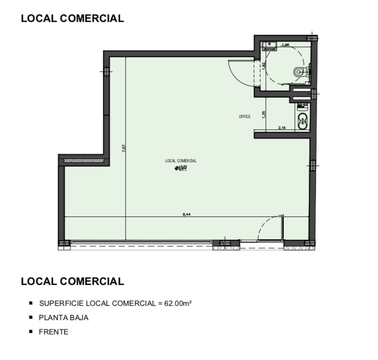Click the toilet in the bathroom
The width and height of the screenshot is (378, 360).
click(x=299, y=72)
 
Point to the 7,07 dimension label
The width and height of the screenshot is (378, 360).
click(x=124, y=148)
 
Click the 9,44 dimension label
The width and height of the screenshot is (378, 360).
click(x=186, y=214)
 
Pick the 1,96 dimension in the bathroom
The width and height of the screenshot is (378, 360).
click(x=285, y=45)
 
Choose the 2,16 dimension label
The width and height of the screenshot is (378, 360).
click(x=281, y=127)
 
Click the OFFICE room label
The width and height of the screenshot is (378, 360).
click(x=244, y=117)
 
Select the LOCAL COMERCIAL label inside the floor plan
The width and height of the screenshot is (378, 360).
click(x=181, y=161)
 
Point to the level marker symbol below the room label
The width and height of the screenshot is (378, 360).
click(x=177, y=168)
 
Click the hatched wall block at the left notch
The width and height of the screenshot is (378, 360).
click(x=84, y=161)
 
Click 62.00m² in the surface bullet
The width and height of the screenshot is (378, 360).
click(x=178, y=303)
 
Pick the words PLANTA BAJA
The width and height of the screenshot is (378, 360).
click(x=64, y=317)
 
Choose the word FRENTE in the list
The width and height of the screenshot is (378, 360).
click(x=54, y=331)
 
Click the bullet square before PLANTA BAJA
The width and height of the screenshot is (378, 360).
click(x=31, y=317)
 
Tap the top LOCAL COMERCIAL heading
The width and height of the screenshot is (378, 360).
click(x=72, y=19)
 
